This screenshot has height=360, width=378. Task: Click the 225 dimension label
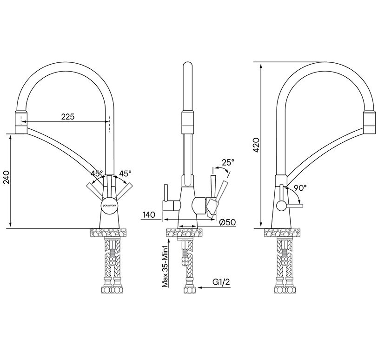click(68, 116)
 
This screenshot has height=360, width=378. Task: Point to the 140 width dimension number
click(149, 214)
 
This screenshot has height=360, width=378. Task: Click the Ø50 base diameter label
click(227, 222)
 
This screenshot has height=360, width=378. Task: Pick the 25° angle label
click(228, 162)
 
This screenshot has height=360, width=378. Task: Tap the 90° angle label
click(300, 188)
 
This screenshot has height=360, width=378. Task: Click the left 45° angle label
click(97, 173)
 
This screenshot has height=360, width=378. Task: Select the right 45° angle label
click(126, 173)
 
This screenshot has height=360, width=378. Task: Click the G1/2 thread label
click(221, 282)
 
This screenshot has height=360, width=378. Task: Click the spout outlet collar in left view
click(21, 122)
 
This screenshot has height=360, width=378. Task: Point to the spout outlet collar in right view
click(369, 122)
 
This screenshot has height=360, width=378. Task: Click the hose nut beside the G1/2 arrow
click(190, 289)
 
